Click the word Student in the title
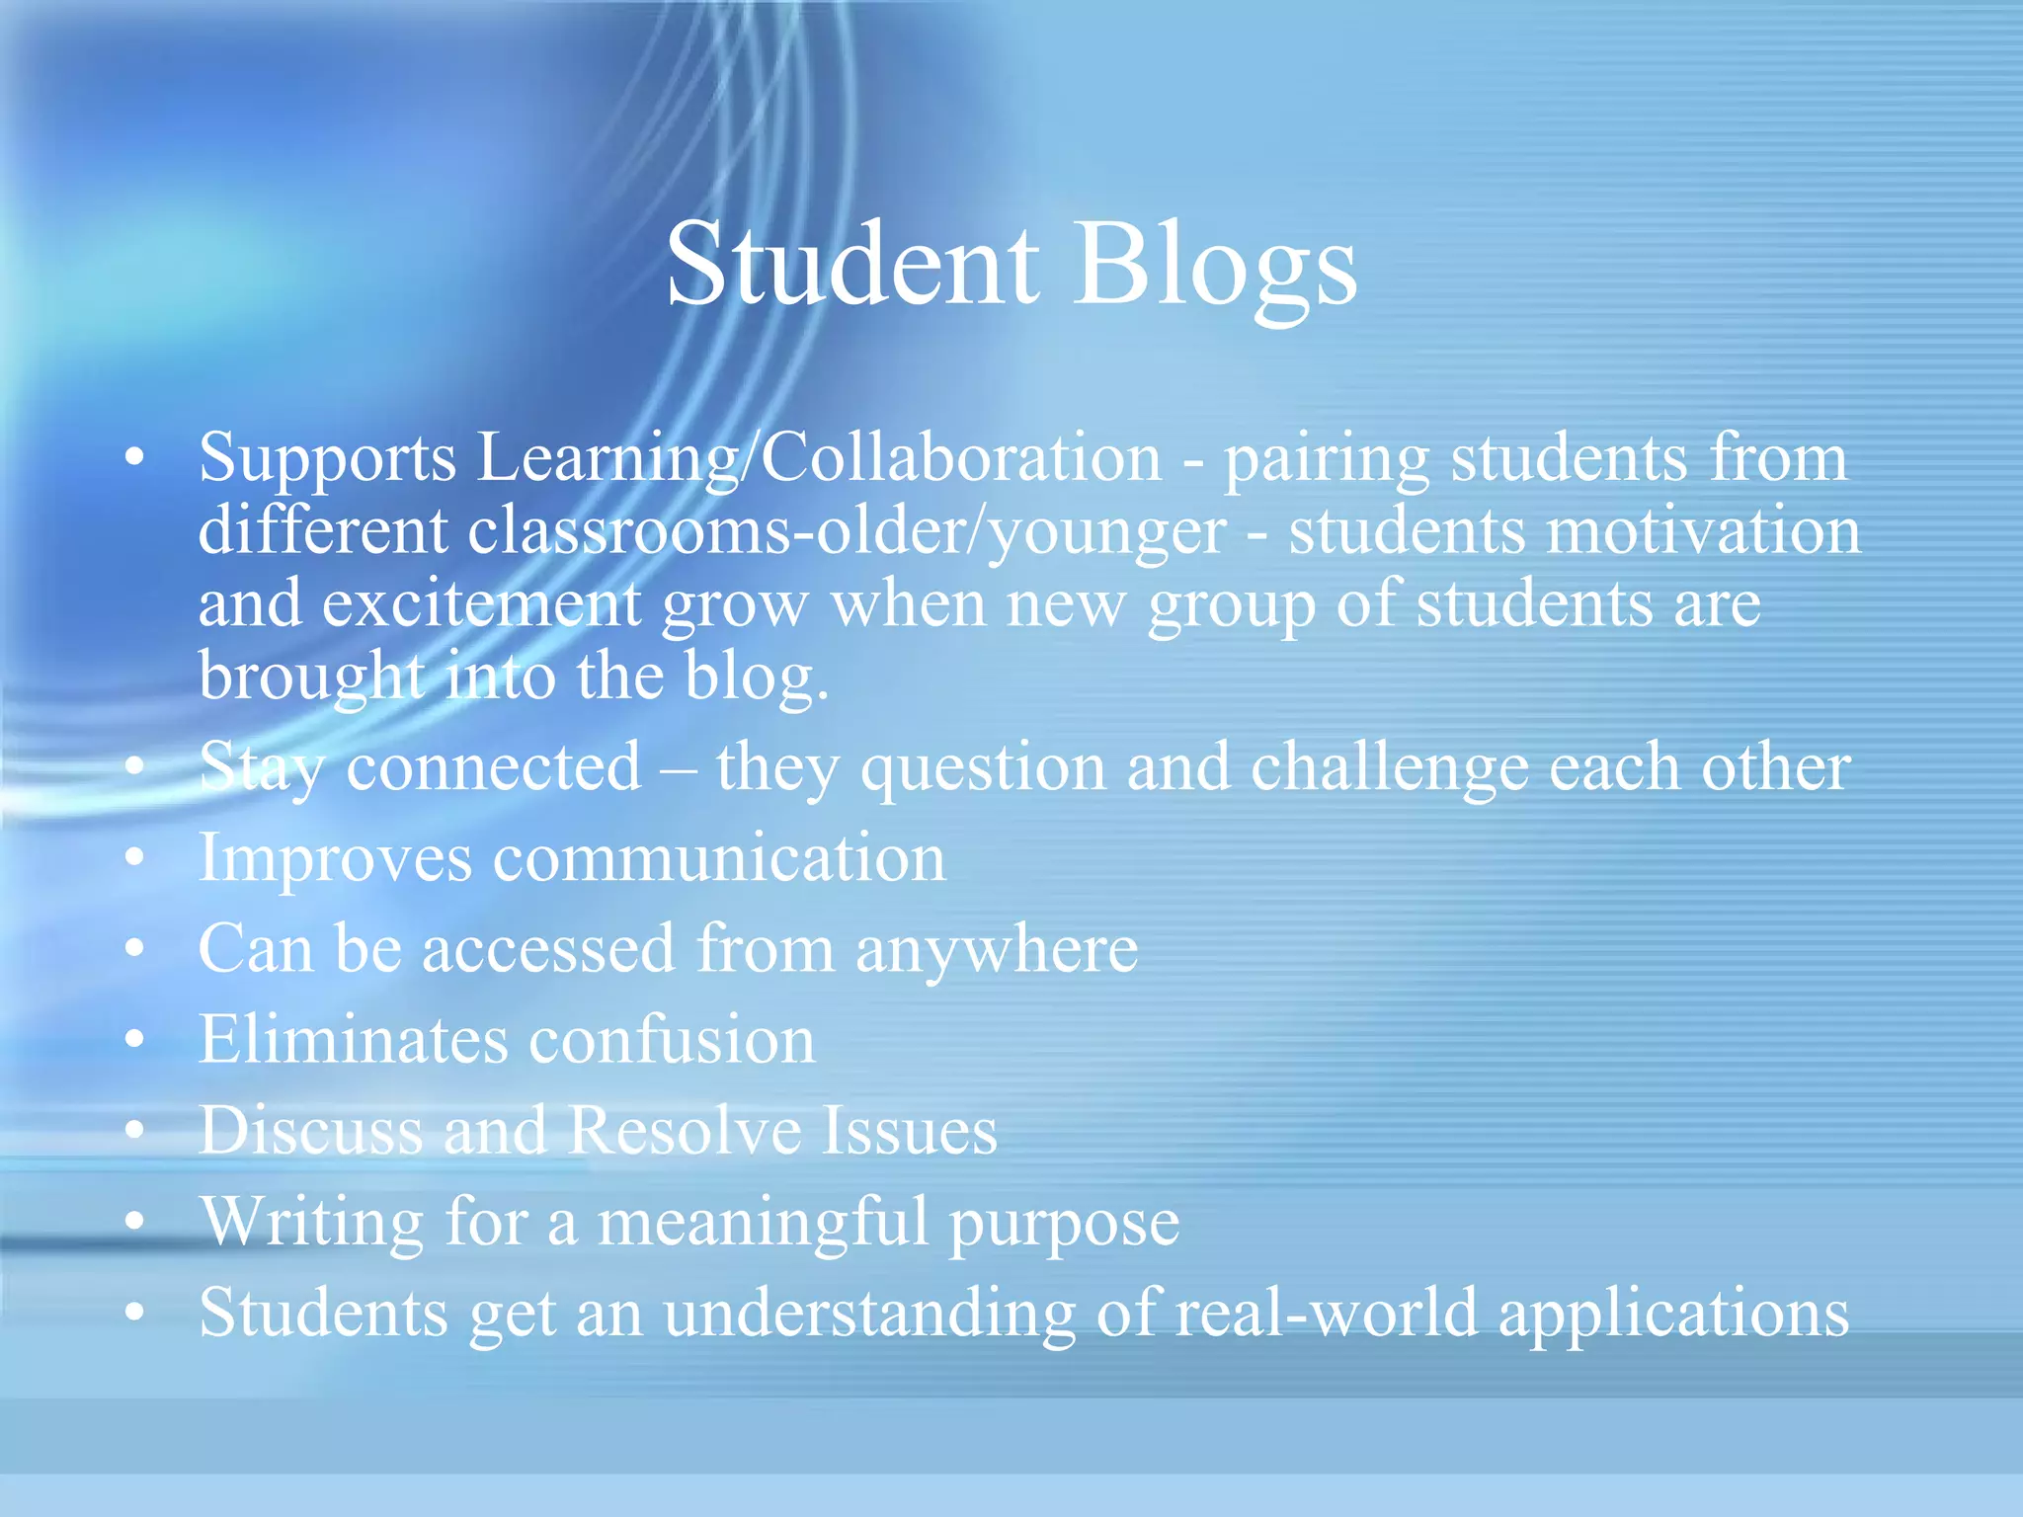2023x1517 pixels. [x=852, y=265]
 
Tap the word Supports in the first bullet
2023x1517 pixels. [x=327, y=459]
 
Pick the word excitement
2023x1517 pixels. [x=481, y=603]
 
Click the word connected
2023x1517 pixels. [x=493, y=767]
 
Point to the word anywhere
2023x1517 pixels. [x=996, y=949]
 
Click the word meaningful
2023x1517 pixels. [x=763, y=1223]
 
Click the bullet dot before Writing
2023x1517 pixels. [x=135, y=1222]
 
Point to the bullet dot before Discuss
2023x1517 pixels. [x=135, y=1130]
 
